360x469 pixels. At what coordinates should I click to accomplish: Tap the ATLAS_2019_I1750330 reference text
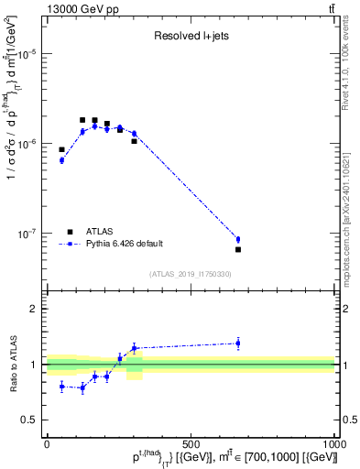(x=190, y=274)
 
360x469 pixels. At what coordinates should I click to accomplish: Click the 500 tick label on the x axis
(x=191, y=444)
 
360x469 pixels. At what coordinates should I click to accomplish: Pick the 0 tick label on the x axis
(x=47, y=444)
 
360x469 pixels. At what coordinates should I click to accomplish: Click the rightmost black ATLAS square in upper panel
(x=238, y=249)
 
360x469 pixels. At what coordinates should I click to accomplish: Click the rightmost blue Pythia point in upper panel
(x=238, y=239)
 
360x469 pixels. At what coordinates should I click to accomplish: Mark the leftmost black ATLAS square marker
(x=61, y=149)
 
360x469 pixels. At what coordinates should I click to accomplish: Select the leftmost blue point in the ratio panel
(x=61, y=387)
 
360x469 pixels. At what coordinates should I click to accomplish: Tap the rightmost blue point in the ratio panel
(x=238, y=344)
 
